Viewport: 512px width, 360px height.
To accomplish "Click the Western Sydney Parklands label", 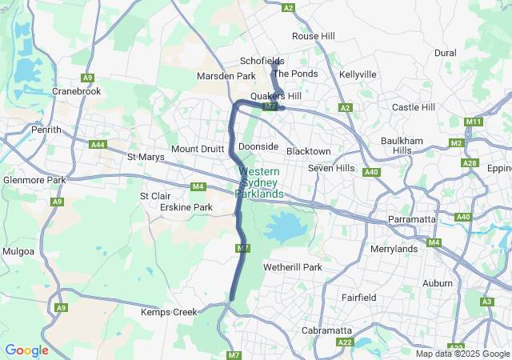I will tap(258, 183).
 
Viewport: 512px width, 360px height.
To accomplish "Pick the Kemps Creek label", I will tap(169, 312).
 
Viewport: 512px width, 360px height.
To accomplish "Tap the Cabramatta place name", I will tap(326, 330).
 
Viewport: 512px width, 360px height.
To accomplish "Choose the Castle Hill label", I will tap(413, 107).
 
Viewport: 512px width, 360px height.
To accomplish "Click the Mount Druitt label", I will tap(196, 150).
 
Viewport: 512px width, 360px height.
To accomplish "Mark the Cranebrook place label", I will tap(77, 91).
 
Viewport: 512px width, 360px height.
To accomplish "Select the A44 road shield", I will tap(98, 145).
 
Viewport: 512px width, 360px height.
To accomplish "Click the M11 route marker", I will tap(474, 122).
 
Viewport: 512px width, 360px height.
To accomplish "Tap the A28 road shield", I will tap(470, 163).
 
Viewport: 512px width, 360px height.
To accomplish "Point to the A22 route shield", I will tap(345, 342).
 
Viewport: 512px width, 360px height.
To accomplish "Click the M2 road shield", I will tap(456, 143).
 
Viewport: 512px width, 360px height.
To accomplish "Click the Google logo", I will tap(26, 350).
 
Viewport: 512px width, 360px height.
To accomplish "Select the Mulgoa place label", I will tap(18, 251).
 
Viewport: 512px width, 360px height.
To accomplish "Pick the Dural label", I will tap(445, 53).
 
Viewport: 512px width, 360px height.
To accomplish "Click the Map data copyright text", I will tap(462, 354).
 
